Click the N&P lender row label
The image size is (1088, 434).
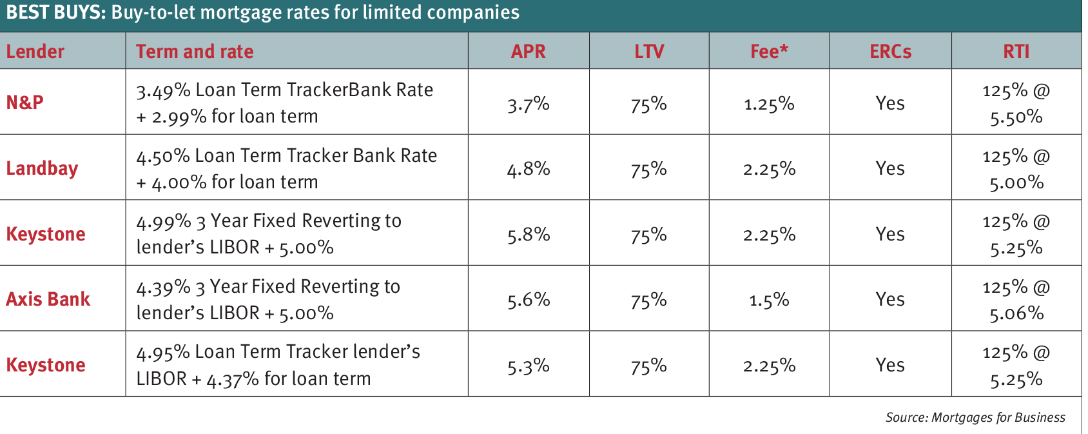click(x=25, y=103)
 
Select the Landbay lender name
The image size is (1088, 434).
click(x=42, y=168)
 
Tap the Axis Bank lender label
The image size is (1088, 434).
click(x=48, y=299)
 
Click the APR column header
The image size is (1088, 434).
click(x=528, y=52)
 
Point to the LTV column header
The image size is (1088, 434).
click(x=648, y=52)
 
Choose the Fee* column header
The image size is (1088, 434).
click(x=769, y=52)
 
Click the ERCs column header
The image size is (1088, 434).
click(x=890, y=52)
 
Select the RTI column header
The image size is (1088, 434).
click(x=1016, y=52)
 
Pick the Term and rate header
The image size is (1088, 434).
click(x=195, y=52)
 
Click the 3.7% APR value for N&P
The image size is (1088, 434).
click(x=528, y=104)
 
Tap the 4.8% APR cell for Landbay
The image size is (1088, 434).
click(x=528, y=169)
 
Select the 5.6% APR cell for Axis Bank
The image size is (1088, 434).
click(x=528, y=300)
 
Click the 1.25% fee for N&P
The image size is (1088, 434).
click(x=769, y=104)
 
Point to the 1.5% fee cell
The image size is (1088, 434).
click(x=769, y=300)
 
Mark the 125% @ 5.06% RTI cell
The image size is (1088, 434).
click(x=1016, y=300)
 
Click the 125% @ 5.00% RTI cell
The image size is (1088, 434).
click(x=1016, y=169)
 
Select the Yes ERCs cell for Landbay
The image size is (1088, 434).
click(x=890, y=169)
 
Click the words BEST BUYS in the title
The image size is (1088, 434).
click(x=55, y=12)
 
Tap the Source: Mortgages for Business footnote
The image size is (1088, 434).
click(x=975, y=417)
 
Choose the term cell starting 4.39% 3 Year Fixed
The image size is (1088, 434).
click(x=268, y=299)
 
